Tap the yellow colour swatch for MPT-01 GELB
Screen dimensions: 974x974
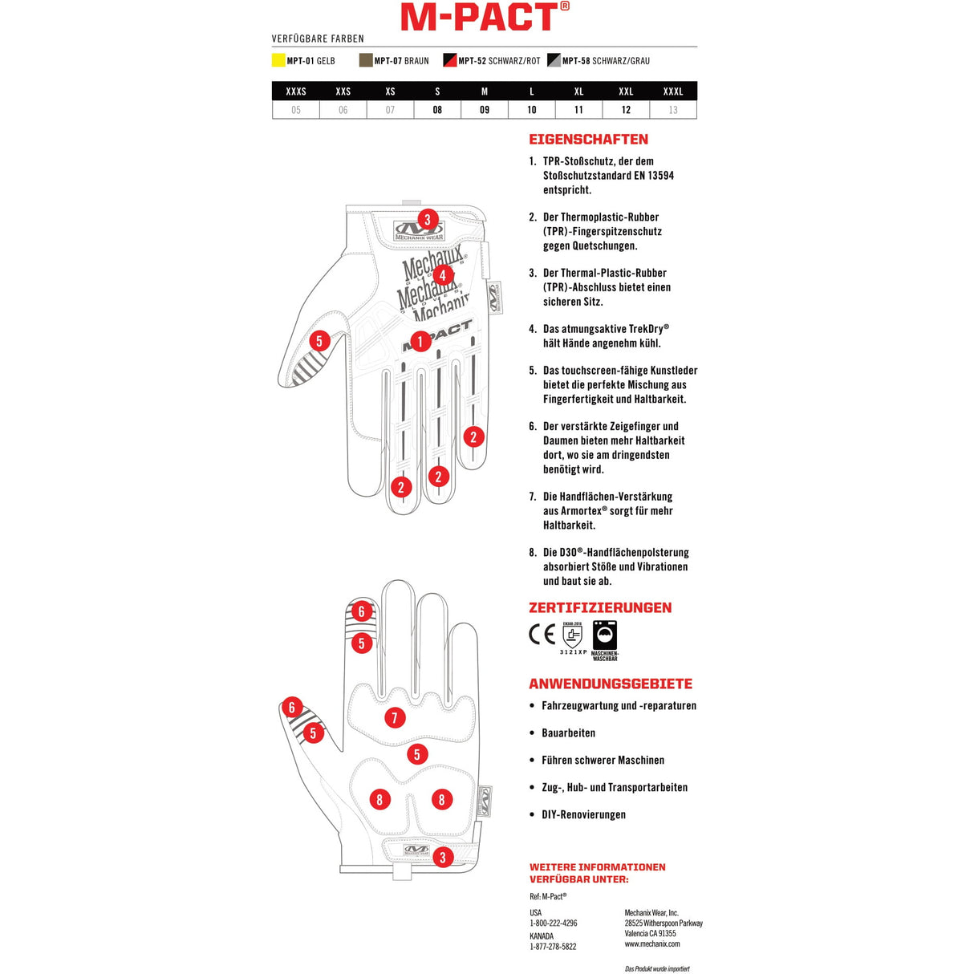point(278,60)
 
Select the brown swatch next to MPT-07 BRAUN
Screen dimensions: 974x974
point(366,60)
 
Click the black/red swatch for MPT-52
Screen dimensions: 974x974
point(450,60)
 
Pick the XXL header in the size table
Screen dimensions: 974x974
point(626,91)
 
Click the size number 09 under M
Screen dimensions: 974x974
point(485,110)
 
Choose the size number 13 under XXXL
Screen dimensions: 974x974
point(673,110)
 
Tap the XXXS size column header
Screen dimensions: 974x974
point(296,91)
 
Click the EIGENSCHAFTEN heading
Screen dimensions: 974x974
point(588,140)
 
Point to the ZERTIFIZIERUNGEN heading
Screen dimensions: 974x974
point(600,608)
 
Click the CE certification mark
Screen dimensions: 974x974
point(542,635)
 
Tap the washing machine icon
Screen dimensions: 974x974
point(605,635)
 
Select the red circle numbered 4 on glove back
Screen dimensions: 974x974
point(441,275)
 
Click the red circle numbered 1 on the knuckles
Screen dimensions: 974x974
point(419,341)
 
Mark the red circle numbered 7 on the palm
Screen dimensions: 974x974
point(394,717)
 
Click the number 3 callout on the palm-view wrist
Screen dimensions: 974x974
point(442,857)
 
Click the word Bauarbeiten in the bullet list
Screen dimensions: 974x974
point(568,733)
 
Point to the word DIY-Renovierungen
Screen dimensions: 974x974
point(583,815)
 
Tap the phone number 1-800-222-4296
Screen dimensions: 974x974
point(553,923)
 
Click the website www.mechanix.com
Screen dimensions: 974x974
point(652,944)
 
